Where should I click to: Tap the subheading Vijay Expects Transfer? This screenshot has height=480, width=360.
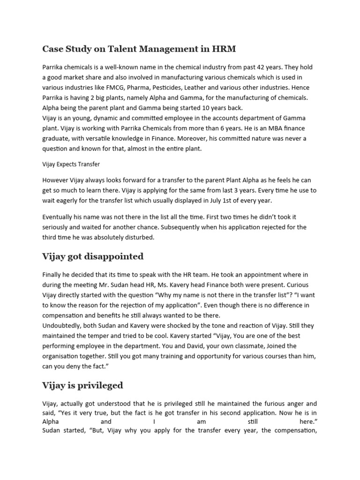click(x=71, y=164)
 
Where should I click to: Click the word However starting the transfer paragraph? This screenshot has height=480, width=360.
click(x=57, y=180)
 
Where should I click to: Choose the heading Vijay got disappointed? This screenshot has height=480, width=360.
click(x=93, y=256)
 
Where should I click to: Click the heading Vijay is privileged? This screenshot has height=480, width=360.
click(x=82, y=385)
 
